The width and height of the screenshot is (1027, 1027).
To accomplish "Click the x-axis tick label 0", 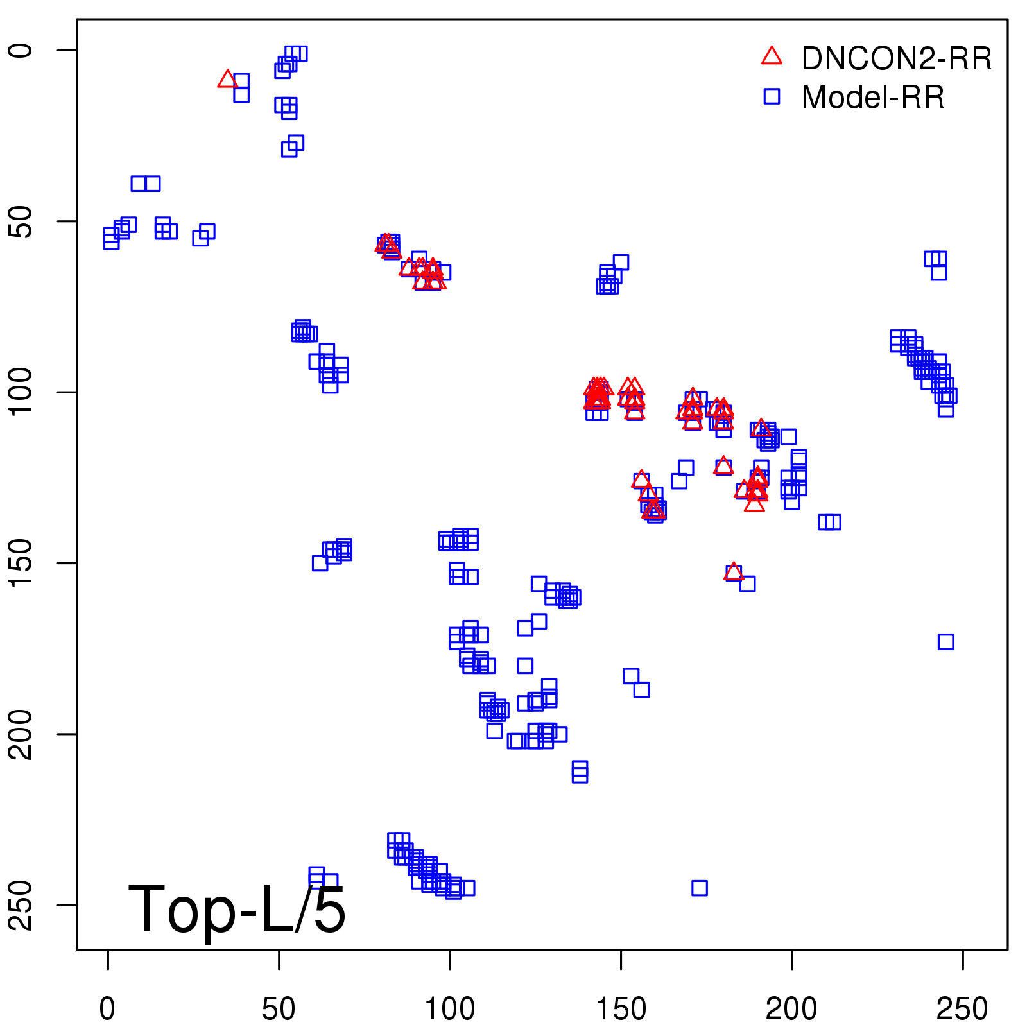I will pos(107,1009).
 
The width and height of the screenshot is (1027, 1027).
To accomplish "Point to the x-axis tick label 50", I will pos(279,1009).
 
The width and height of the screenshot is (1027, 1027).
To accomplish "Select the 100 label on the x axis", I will pos(450,1009).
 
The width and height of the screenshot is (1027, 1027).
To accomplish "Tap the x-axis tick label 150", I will pos(621,1009).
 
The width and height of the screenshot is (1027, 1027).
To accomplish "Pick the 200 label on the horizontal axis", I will pos(791,1009).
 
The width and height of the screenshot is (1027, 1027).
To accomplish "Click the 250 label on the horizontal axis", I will pos(962,1009).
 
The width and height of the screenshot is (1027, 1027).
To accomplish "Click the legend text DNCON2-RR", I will pos(897,59).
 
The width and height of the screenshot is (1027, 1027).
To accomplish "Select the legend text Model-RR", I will pos(873,98).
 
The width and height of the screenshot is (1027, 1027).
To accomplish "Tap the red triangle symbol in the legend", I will pos(772,56).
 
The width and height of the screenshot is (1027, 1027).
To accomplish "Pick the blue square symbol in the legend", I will pos(772,96).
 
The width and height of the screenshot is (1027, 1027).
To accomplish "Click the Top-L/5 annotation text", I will pos(237,909).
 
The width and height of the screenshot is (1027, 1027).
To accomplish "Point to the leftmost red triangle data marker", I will pos(227,80).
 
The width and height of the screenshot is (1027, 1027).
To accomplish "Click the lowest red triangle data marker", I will pos(734,572).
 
